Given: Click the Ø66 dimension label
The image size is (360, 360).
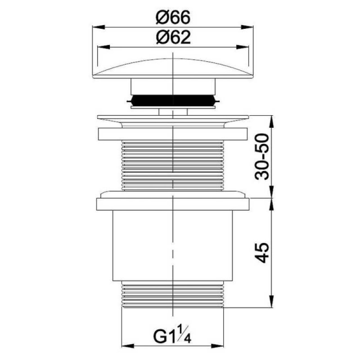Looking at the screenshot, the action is (173, 18).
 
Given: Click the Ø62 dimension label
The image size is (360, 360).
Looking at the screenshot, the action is (173, 37).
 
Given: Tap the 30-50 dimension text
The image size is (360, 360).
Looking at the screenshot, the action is (262, 157).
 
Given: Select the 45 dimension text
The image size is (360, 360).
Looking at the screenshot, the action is (262, 252).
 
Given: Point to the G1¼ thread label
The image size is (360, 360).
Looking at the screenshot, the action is (172, 336).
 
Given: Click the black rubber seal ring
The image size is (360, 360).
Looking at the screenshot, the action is (173, 100).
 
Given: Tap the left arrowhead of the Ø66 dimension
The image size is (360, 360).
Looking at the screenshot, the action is (98, 27).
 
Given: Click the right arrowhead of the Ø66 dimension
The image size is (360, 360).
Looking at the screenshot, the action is (247, 27).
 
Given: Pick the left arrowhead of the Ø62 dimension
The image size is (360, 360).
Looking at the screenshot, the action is (103, 47).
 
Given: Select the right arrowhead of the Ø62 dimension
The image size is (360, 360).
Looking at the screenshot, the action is (243, 47).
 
